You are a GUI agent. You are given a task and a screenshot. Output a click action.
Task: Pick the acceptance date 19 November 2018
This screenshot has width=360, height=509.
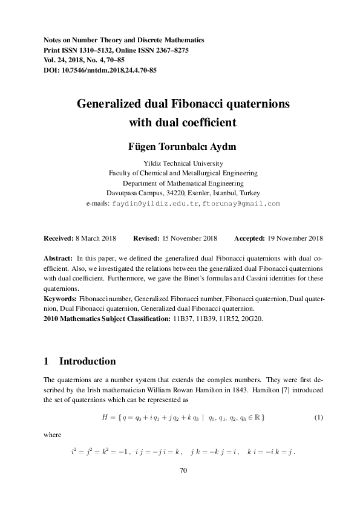point(290,238)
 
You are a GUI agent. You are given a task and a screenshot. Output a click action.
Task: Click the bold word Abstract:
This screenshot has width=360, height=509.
point(59,257)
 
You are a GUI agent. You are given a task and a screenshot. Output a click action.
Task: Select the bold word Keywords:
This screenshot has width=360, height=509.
point(61,299)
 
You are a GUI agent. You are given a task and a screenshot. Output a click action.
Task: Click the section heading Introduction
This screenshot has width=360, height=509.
point(87,361)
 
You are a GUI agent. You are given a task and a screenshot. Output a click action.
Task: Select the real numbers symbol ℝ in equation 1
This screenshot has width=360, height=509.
point(258,418)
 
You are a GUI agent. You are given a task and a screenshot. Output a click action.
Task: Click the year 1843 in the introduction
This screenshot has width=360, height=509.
point(212,389)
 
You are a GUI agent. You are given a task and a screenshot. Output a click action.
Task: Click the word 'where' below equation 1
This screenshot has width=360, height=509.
point(53,433)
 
